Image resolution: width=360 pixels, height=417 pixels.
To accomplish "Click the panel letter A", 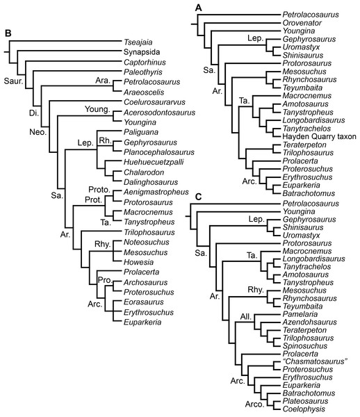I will pos(199,7).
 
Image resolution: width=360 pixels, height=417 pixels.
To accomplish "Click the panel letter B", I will pos(8,31).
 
